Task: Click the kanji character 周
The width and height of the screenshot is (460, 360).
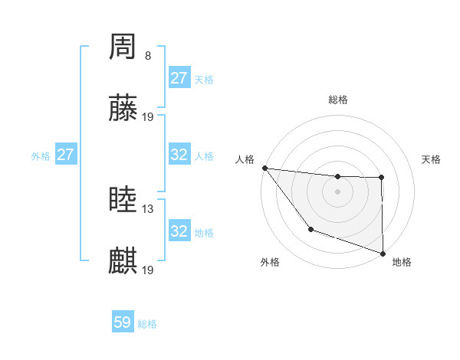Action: (x=123, y=48)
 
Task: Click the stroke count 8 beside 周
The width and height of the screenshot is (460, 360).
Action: (x=148, y=56)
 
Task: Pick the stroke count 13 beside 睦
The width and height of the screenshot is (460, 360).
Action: (x=148, y=209)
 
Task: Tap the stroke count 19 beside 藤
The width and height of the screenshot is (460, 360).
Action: (x=148, y=117)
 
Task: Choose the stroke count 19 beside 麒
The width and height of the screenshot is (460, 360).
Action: (x=148, y=270)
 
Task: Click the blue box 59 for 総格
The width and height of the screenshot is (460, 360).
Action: (x=123, y=322)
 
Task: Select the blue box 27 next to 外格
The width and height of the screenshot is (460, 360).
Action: (x=65, y=155)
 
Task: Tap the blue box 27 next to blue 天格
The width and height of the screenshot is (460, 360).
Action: (x=179, y=78)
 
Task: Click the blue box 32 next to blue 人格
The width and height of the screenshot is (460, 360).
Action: (x=179, y=155)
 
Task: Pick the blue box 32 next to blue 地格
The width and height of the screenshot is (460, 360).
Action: (x=179, y=231)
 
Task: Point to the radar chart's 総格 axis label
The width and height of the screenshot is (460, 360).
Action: (x=337, y=100)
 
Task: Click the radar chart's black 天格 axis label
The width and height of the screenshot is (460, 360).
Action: (x=432, y=159)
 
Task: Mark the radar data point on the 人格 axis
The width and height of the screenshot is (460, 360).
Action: (x=264, y=168)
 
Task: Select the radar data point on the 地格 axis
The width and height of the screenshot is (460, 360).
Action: (x=383, y=253)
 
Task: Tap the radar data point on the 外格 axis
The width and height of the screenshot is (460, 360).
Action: (x=310, y=229)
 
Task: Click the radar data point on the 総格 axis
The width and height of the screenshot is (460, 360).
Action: (x=337, y=177)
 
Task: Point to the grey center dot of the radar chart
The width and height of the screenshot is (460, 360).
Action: (x=337, y=191)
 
